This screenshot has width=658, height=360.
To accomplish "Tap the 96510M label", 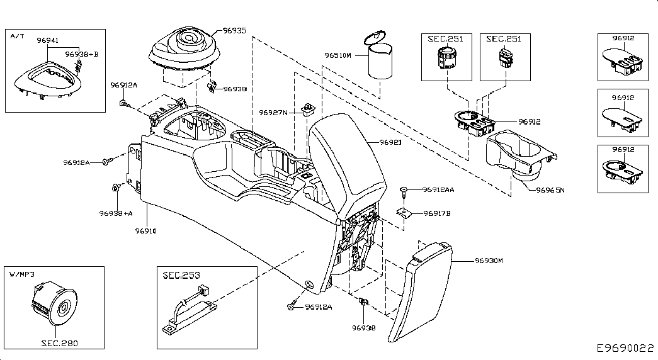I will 338,55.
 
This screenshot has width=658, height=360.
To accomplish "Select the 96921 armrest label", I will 390,143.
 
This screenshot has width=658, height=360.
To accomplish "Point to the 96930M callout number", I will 489,260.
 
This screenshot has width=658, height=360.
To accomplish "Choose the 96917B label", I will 437,213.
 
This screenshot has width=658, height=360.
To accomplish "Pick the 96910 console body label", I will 145,231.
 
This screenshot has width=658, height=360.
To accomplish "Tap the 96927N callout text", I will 273,113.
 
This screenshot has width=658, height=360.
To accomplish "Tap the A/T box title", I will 18,37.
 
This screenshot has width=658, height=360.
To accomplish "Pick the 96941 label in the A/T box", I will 48,40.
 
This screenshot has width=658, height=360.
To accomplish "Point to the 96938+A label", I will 115,213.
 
